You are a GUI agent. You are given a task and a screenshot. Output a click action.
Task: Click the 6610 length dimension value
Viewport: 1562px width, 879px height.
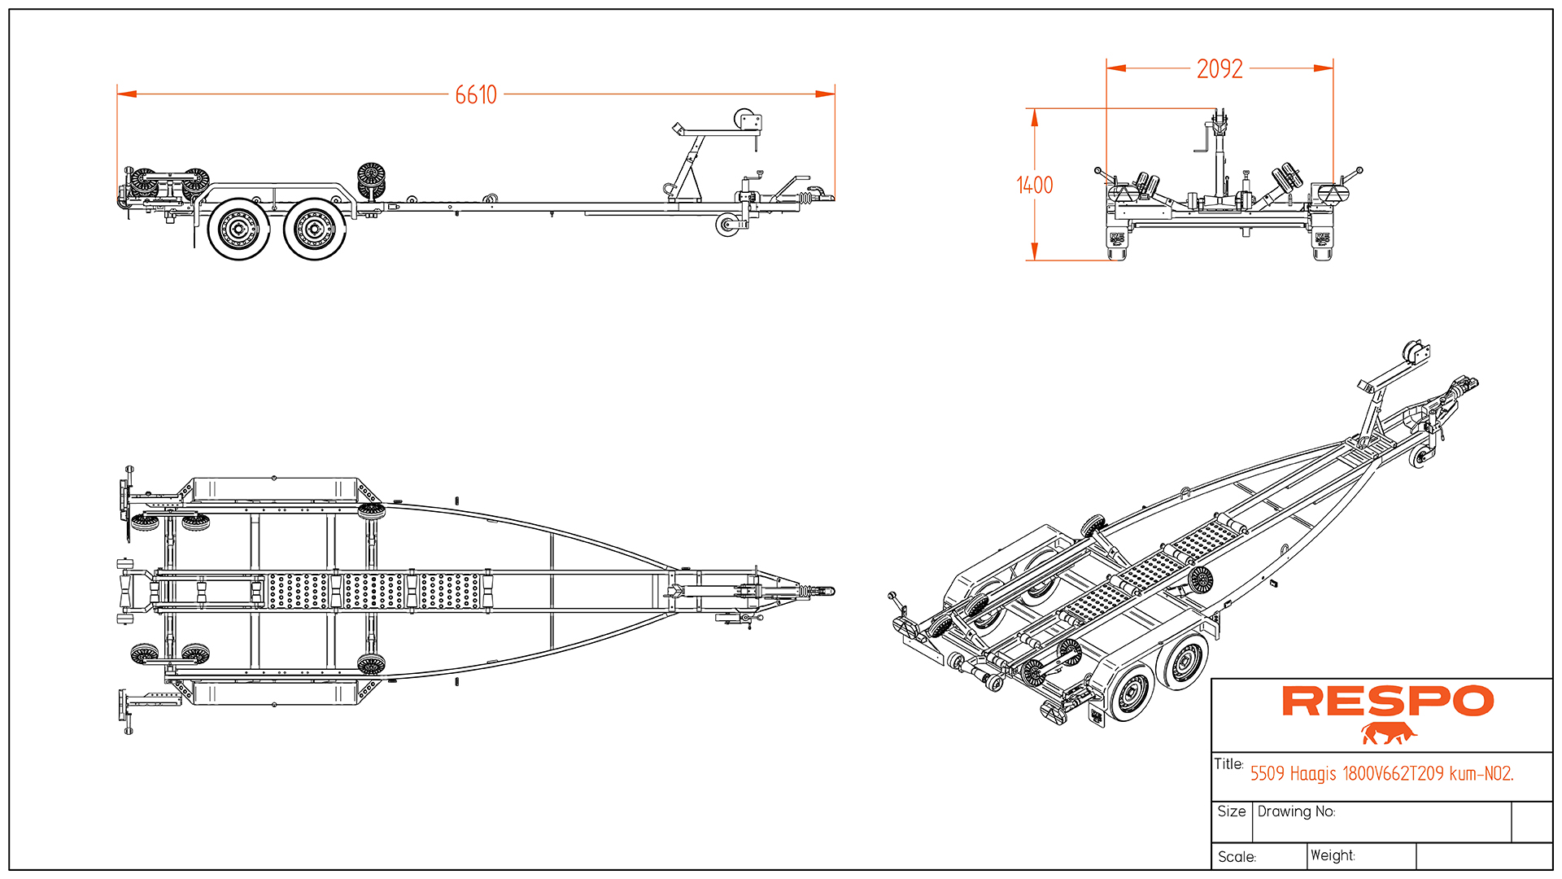point(476,94)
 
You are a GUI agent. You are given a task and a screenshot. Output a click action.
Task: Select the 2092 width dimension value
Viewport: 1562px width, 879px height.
point(1219,69)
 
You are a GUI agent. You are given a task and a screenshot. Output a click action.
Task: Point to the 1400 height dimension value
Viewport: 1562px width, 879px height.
point(1034,186)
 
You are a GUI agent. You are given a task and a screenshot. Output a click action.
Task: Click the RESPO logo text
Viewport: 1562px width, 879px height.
point(1387,702)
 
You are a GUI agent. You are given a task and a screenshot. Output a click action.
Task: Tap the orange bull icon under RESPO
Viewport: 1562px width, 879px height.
point(1388,733)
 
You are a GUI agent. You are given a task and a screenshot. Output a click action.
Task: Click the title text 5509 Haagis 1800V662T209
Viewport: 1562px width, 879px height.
point(1381,773)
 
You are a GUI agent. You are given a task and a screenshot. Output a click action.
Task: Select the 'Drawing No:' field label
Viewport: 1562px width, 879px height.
point(1296,811)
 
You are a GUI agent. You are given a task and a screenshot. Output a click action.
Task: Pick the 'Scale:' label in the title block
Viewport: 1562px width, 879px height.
point(1237,857)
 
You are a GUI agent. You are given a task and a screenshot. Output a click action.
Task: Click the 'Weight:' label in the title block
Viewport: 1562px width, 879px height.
point(1333,855)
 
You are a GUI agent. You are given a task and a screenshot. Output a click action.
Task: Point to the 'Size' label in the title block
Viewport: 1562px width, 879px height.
point(1231,811)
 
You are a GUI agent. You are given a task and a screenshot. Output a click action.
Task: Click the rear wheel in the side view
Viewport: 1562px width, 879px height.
point(238,230)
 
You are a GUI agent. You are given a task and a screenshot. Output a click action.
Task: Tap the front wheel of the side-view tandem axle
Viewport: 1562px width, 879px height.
point(315,230)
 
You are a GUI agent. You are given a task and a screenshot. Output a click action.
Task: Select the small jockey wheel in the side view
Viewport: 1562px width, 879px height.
point(726,225)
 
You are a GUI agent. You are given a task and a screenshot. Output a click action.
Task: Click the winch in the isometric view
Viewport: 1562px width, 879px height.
point(1416,354)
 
